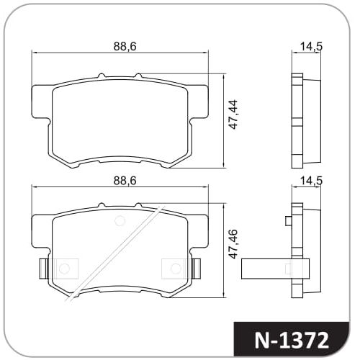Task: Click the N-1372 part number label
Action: tap(292, 341)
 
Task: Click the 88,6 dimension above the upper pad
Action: tap(125, 46)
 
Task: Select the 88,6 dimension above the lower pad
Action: tap(125, 181)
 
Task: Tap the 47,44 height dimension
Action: tap(233, 114)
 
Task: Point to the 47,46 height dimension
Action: tap(233, 244)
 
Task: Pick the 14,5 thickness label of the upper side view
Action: tap(311, 46)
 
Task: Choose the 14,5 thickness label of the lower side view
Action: tap(311, 181)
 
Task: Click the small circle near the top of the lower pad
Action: tap(120, 221)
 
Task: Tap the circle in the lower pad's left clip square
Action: tap(64, 269)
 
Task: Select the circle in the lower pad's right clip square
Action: tap(176, 269)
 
